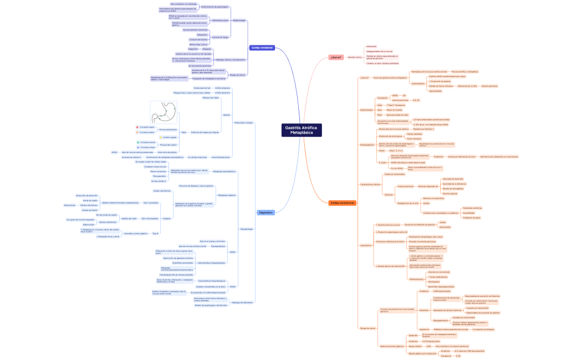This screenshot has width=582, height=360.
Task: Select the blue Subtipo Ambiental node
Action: coord(262,48)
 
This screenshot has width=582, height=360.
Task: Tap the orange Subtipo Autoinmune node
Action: coord(343,203)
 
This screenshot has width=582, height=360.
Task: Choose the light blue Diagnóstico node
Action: coord(266,212)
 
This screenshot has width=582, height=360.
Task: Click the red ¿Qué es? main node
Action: coord(335,56)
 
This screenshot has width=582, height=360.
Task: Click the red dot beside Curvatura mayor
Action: coord(137,127)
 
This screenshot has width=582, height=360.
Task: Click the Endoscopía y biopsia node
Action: coord(243,122)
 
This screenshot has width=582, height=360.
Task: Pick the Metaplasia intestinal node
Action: coord(227,195)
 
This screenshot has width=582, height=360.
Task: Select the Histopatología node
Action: coord(247,229)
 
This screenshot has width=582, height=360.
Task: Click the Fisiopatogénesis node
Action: coord(367,145)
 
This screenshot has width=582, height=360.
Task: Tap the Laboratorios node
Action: coord(366,245)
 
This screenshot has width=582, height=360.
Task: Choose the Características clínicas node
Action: coord(370,184)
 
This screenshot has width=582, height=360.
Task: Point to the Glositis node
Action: coord(426,203)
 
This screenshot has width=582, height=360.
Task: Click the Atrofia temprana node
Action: coord(222,88)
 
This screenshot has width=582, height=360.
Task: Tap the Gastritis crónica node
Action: coord(355,56)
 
